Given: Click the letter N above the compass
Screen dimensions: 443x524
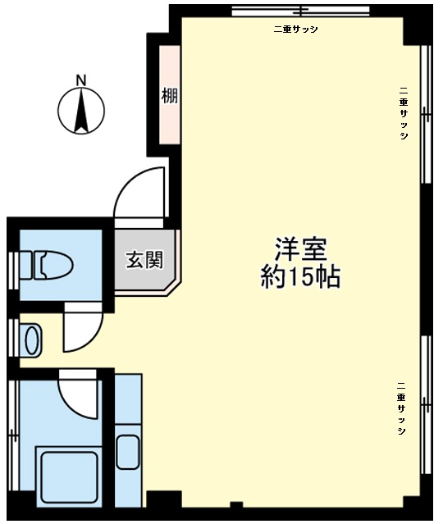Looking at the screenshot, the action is pyautogui.click(x=81, y=80).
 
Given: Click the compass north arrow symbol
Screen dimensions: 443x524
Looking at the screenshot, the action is pyautogui.click(x=81, y=111).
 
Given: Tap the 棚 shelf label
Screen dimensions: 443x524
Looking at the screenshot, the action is pyautogui.click(x=170, y=96).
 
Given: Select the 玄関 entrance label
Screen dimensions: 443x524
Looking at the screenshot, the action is pyautogui.click(x=144, y=260).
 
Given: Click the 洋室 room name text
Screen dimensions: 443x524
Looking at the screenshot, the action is pyautogui.click(x=300, y=249).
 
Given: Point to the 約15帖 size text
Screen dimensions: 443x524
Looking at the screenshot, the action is pyautogui.click(x=300, y=276).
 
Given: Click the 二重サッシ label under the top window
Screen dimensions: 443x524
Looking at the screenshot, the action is pyautogui.click(x=295, y=30).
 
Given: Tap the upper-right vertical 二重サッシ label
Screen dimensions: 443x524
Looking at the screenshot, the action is pyautogui.click(x=404, y=113).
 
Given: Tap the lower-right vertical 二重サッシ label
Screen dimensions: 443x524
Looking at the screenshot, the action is pyautogui.click(x=401, y=408).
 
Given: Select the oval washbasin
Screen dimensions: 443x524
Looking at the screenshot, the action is pyautogui.click(x=33, y=340).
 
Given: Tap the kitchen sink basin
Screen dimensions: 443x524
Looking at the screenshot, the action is pyautogui.click(x=128, y=452).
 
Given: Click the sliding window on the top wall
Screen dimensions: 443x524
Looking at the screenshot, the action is pyautogui.click(x=301, y=11).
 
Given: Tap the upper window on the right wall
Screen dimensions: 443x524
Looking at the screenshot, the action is pyautogui.click(x=425, y=114).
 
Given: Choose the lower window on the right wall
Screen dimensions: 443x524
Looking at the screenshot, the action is pyautogui.click(x=425, y=405).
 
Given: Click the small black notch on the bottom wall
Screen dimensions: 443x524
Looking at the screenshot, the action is pyautogui.click(x=236, y=504).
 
